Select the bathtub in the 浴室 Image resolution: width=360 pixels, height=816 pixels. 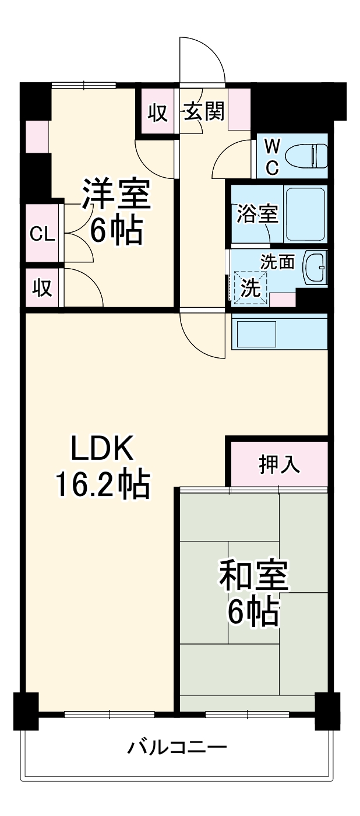[x=305, y=214]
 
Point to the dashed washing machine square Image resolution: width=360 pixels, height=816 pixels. [x=250, y=288]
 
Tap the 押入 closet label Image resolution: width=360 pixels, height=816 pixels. [x=279, y=465]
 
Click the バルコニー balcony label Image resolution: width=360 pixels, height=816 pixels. [x=177, y=747]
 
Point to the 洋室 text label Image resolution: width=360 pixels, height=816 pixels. [x=116, y=195]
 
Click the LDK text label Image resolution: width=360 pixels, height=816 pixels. [x=103, y=449]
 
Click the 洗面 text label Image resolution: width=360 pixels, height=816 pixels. [x=277, y=262]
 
